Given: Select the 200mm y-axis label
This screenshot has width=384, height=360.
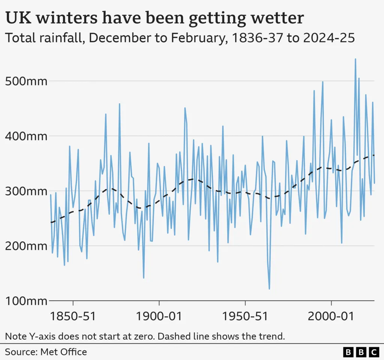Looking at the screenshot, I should click(26, 246).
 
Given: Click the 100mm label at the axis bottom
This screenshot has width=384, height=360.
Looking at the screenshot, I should click(26, 301).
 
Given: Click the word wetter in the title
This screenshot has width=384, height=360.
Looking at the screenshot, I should click(276, 18).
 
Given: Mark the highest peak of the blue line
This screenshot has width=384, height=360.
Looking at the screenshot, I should click(355, 59).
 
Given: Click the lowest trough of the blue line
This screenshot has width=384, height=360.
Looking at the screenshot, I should click(269, 289).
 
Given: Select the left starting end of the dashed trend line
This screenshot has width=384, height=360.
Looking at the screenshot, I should click(51, 222).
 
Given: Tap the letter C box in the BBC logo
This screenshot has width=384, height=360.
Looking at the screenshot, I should click(374, 352).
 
